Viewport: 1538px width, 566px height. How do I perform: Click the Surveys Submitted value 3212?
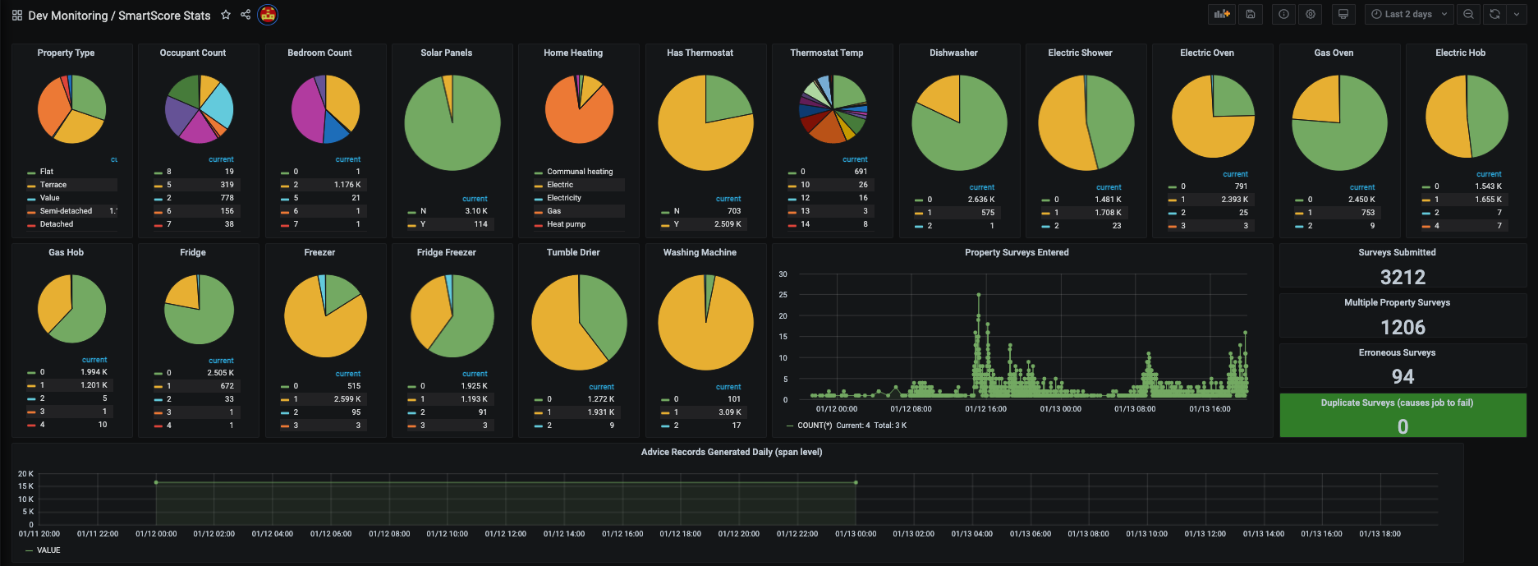[x=1403, y=277]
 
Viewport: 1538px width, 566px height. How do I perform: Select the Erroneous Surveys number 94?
[x=1403, y=377]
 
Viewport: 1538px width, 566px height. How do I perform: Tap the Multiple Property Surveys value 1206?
[x=1403, y=327]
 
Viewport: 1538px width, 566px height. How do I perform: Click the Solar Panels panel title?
[x=446, y=53]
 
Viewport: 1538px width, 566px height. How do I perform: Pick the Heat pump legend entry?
[x=566, y=224]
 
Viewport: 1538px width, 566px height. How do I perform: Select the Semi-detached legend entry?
[x=66, y=211]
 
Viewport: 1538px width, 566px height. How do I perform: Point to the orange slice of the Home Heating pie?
[x=571, y=119]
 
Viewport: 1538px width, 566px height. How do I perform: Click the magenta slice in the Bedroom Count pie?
[x=308, y=111]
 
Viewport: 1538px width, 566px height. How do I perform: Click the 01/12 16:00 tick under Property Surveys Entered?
[x=985, y=409]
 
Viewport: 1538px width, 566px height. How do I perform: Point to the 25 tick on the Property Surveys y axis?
[x=783, y=295]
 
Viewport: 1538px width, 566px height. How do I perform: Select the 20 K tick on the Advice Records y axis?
[x=25, y=474]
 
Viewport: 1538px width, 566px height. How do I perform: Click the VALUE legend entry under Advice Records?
[x=48, y=550]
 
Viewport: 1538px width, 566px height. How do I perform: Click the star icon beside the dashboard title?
[x=226, y=15]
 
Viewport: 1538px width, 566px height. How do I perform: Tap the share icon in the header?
[x=246, y=15]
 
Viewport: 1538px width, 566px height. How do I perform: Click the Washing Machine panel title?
[x=700, y=252]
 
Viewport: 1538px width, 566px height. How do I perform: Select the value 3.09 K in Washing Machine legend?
[x=729, y=412]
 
